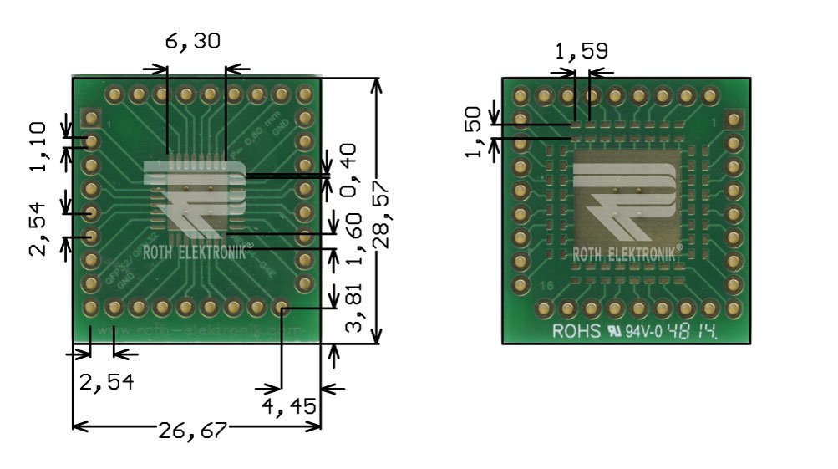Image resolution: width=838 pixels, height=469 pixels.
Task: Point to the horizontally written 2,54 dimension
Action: click(105, 383)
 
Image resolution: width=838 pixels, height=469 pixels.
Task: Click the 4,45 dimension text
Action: click(289, 407)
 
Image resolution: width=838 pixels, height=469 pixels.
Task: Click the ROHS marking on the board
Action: click(576, 331)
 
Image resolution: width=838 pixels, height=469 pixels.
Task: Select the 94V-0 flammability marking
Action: click(642, 331)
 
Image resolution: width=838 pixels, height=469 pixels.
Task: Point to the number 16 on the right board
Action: click(546, 287)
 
